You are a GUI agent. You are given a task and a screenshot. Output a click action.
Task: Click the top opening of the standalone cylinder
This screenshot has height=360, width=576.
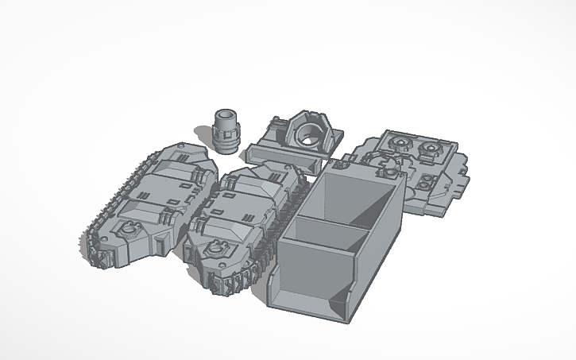(226, 116)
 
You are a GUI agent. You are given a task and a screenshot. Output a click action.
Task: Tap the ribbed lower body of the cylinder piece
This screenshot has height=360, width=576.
(226, 139)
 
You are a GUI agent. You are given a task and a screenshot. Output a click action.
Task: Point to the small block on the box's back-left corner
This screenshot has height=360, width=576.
(342, 165)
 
